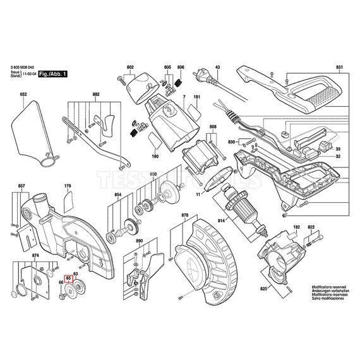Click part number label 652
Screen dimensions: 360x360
click(x=23, y=94)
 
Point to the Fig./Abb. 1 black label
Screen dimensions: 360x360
click(x=52, y=74)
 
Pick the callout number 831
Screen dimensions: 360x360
click(x=339, y=67)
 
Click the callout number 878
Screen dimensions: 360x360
click(x=185, y=216)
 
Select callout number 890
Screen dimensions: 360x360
click(x=140, y=242)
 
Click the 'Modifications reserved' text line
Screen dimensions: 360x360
click(x=329, y=287)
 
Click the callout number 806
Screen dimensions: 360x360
click(x=181, y=67)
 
